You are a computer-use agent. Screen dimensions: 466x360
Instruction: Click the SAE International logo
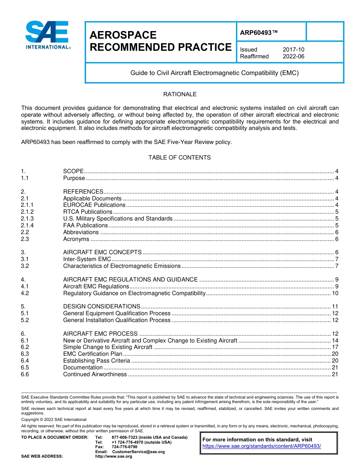click(47, 35)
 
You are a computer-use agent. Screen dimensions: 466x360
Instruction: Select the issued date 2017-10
click(293, 50)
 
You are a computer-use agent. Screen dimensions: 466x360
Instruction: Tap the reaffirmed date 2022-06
click(293, 56)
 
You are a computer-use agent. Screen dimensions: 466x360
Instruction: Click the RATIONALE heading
click(180, 94)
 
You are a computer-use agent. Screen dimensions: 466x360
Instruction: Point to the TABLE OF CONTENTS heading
click(180, 158)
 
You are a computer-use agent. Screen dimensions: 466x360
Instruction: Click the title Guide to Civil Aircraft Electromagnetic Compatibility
click(214, 73)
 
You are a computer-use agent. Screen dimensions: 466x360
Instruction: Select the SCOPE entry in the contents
click(73, 171)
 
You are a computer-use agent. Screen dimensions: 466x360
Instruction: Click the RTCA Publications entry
click(88, 212)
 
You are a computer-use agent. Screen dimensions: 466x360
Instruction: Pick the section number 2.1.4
click(27, 225)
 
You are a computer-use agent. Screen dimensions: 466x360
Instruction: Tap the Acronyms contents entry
click(76, 239)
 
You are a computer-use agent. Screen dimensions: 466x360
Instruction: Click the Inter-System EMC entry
click(87, 259)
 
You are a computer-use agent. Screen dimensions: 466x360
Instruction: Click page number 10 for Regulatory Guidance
click(335, 293)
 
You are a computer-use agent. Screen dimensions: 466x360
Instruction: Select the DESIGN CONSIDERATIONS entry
click(102, 306)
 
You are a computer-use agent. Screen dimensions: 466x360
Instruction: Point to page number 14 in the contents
click(335, 341)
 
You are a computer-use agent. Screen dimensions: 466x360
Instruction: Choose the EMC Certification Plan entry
click(92, 354)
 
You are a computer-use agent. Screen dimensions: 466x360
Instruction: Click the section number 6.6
click(25, 374)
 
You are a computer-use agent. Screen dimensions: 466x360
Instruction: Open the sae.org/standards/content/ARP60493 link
click(261, 446)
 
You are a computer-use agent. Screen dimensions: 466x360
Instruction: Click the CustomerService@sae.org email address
click(138, 452)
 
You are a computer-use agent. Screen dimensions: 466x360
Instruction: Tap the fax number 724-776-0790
click(124, 447)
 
